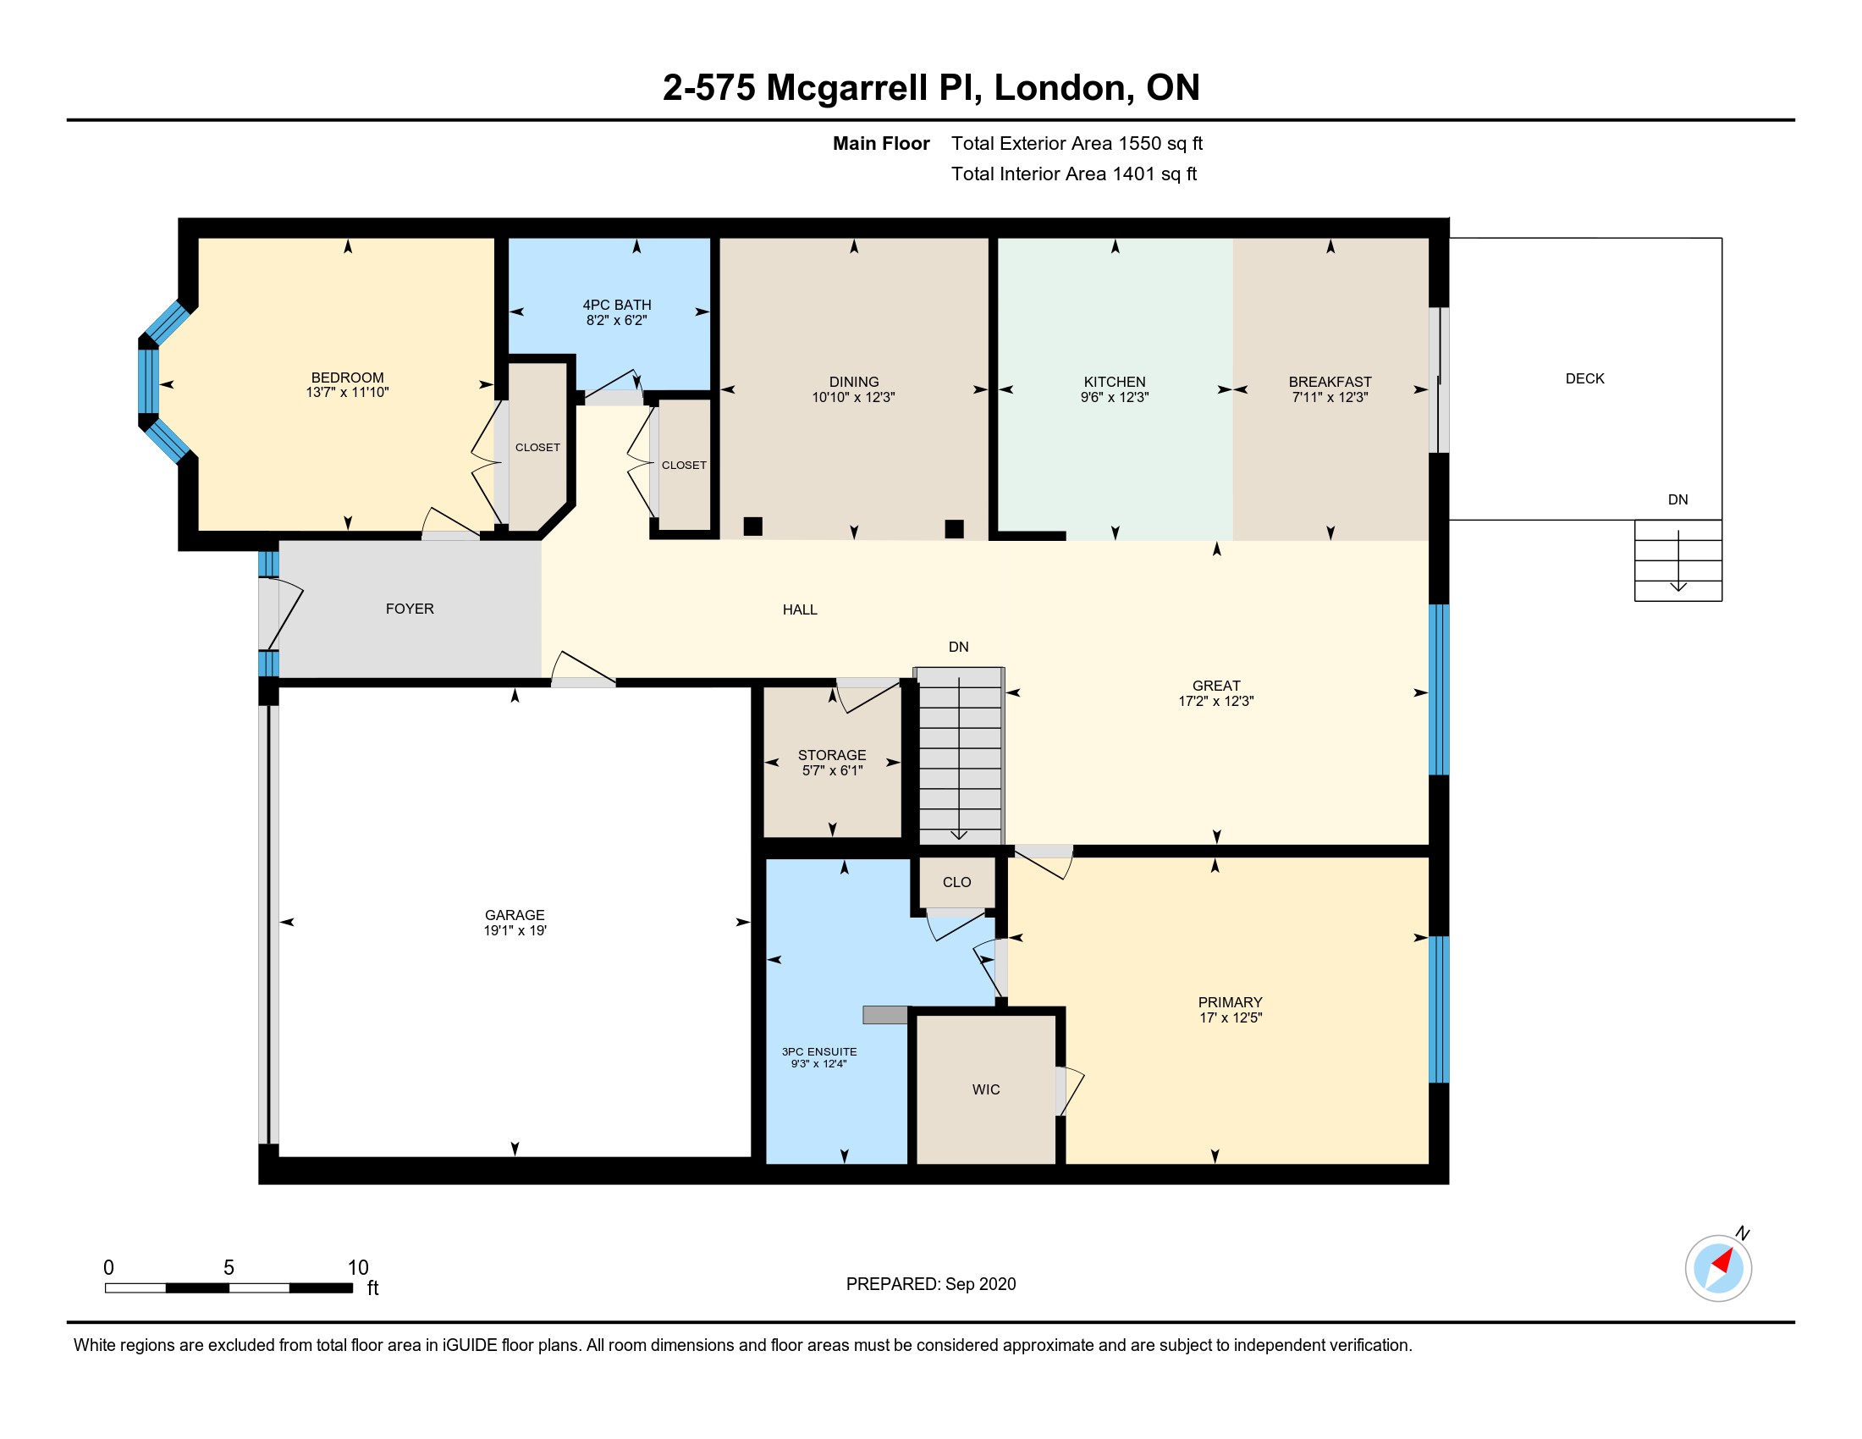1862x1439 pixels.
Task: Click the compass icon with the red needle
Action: coord(1718,1268)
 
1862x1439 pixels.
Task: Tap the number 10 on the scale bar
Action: coord(358,1268)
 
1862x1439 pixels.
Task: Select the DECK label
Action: coord(1585,378)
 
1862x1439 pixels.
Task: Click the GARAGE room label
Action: coord(515,915)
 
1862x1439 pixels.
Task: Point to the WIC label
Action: coord(986,1089)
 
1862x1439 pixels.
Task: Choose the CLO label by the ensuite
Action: coord(956,882)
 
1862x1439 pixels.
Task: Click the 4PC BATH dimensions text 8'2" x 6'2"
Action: coord(616,321)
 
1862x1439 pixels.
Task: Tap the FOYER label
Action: coord(410,609)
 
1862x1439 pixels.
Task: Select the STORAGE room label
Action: coord(832,755)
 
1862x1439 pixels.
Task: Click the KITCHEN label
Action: coord(1115,382)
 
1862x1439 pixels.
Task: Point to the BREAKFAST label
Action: coord(1330,382)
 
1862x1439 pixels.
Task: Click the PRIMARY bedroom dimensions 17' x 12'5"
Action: coord(1231,1017)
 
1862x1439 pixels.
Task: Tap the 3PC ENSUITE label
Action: coord(819,1052)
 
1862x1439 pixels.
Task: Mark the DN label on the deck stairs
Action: coord(1677,499)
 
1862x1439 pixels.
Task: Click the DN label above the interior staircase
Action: coord(958,647)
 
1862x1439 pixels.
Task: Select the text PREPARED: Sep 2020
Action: coord(931,1284)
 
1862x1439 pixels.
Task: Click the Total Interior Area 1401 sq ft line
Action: coord(1074,174)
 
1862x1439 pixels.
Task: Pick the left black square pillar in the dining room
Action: coord(752,526)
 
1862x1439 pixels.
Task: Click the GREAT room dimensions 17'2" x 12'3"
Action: coord(1216,702)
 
